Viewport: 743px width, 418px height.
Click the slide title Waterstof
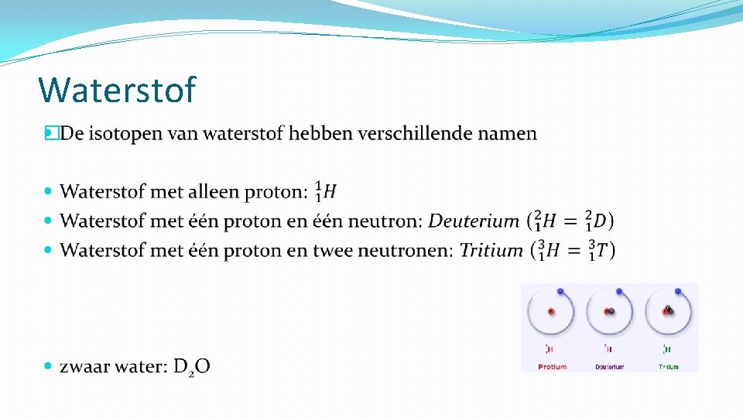(x=117, y=91)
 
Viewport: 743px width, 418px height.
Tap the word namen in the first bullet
(x=506, y=134)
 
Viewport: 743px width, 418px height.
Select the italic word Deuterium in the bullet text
(x=474, y=221)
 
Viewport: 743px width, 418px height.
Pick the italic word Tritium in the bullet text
(x=491, y=250)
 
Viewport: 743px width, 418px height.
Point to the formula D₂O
(x=191, y=367)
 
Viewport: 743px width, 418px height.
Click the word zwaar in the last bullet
(x=85, y=367)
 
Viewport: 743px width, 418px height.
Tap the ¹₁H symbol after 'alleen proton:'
(x=326, y=191)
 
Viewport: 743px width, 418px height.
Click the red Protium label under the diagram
(x=552, y=366)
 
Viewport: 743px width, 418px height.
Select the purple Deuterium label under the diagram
(x=610, y=366)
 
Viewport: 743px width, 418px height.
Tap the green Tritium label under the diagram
(x=669, y=366)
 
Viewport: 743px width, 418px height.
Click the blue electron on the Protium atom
(x=561, y=292)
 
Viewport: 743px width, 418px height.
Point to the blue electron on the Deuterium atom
(x=619, y=292)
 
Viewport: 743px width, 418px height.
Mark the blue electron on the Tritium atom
(x=678, y=292)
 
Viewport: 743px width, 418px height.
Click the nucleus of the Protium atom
(x=551, y=311)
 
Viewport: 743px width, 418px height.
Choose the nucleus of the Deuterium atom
(x=610, y=311)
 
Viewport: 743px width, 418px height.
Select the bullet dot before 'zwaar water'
(x=49, y=367)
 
